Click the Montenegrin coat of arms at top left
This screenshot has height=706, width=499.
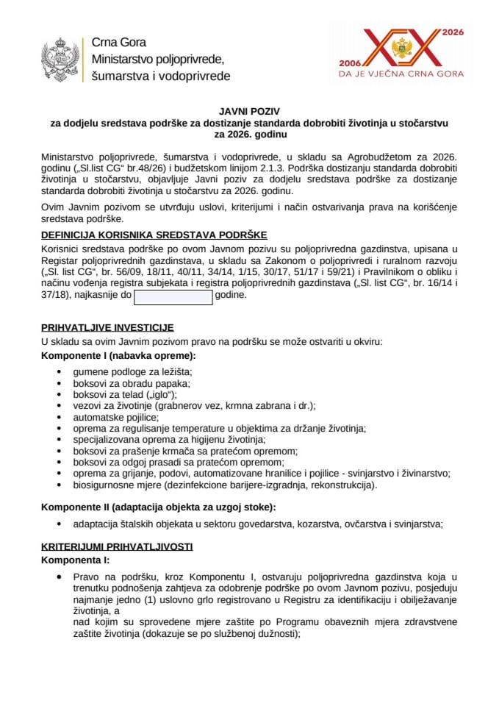(61, 58)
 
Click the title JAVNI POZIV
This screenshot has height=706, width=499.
(248, 110)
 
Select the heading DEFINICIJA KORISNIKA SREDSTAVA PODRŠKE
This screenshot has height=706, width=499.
(153, 235)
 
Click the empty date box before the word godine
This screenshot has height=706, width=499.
(173, 297)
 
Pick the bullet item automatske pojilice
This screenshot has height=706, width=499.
(115, 416)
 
